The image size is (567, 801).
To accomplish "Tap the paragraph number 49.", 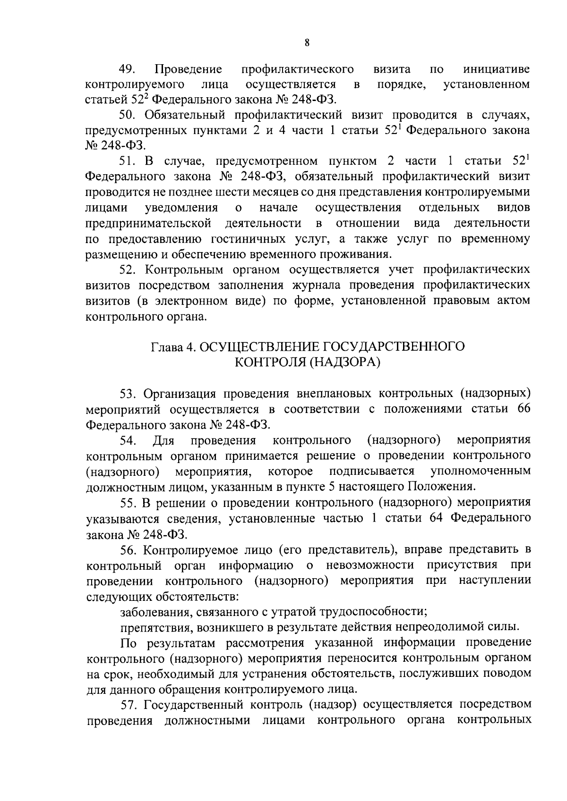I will coord(128,69).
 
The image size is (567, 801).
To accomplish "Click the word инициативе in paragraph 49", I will coord(497,69).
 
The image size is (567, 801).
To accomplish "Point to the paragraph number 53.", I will coord(129,394).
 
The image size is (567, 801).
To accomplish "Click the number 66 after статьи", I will coord(524,409).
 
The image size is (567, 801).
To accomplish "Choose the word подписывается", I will coord(372,471).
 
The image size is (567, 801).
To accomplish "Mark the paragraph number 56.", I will coord(129,550).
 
